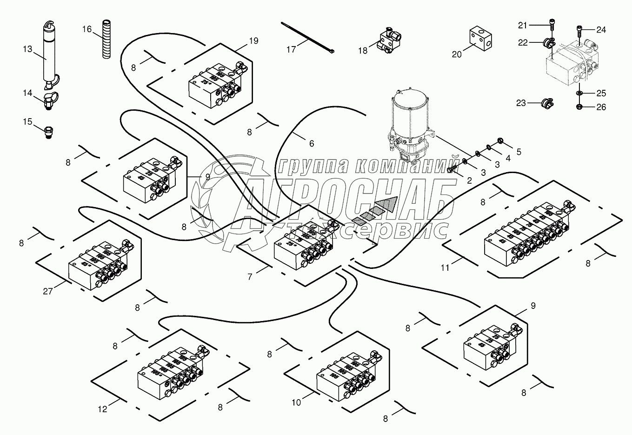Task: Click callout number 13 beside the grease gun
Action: click(x=28, y=48)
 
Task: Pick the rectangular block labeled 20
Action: click(x=479, y=37)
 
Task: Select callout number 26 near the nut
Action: click(x=601, y=107)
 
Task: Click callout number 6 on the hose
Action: click(x=311, y=144)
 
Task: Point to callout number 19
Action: click(x=253, y=40)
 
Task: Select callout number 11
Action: click(x=446, y=268)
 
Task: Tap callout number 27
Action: click(x=48, y=291)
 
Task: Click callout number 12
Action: click(x=102, y=409)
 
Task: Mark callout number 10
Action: click(x=296, y=402)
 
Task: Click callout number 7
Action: click(x=250, y=277)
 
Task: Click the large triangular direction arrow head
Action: click(x=389, y=204)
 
